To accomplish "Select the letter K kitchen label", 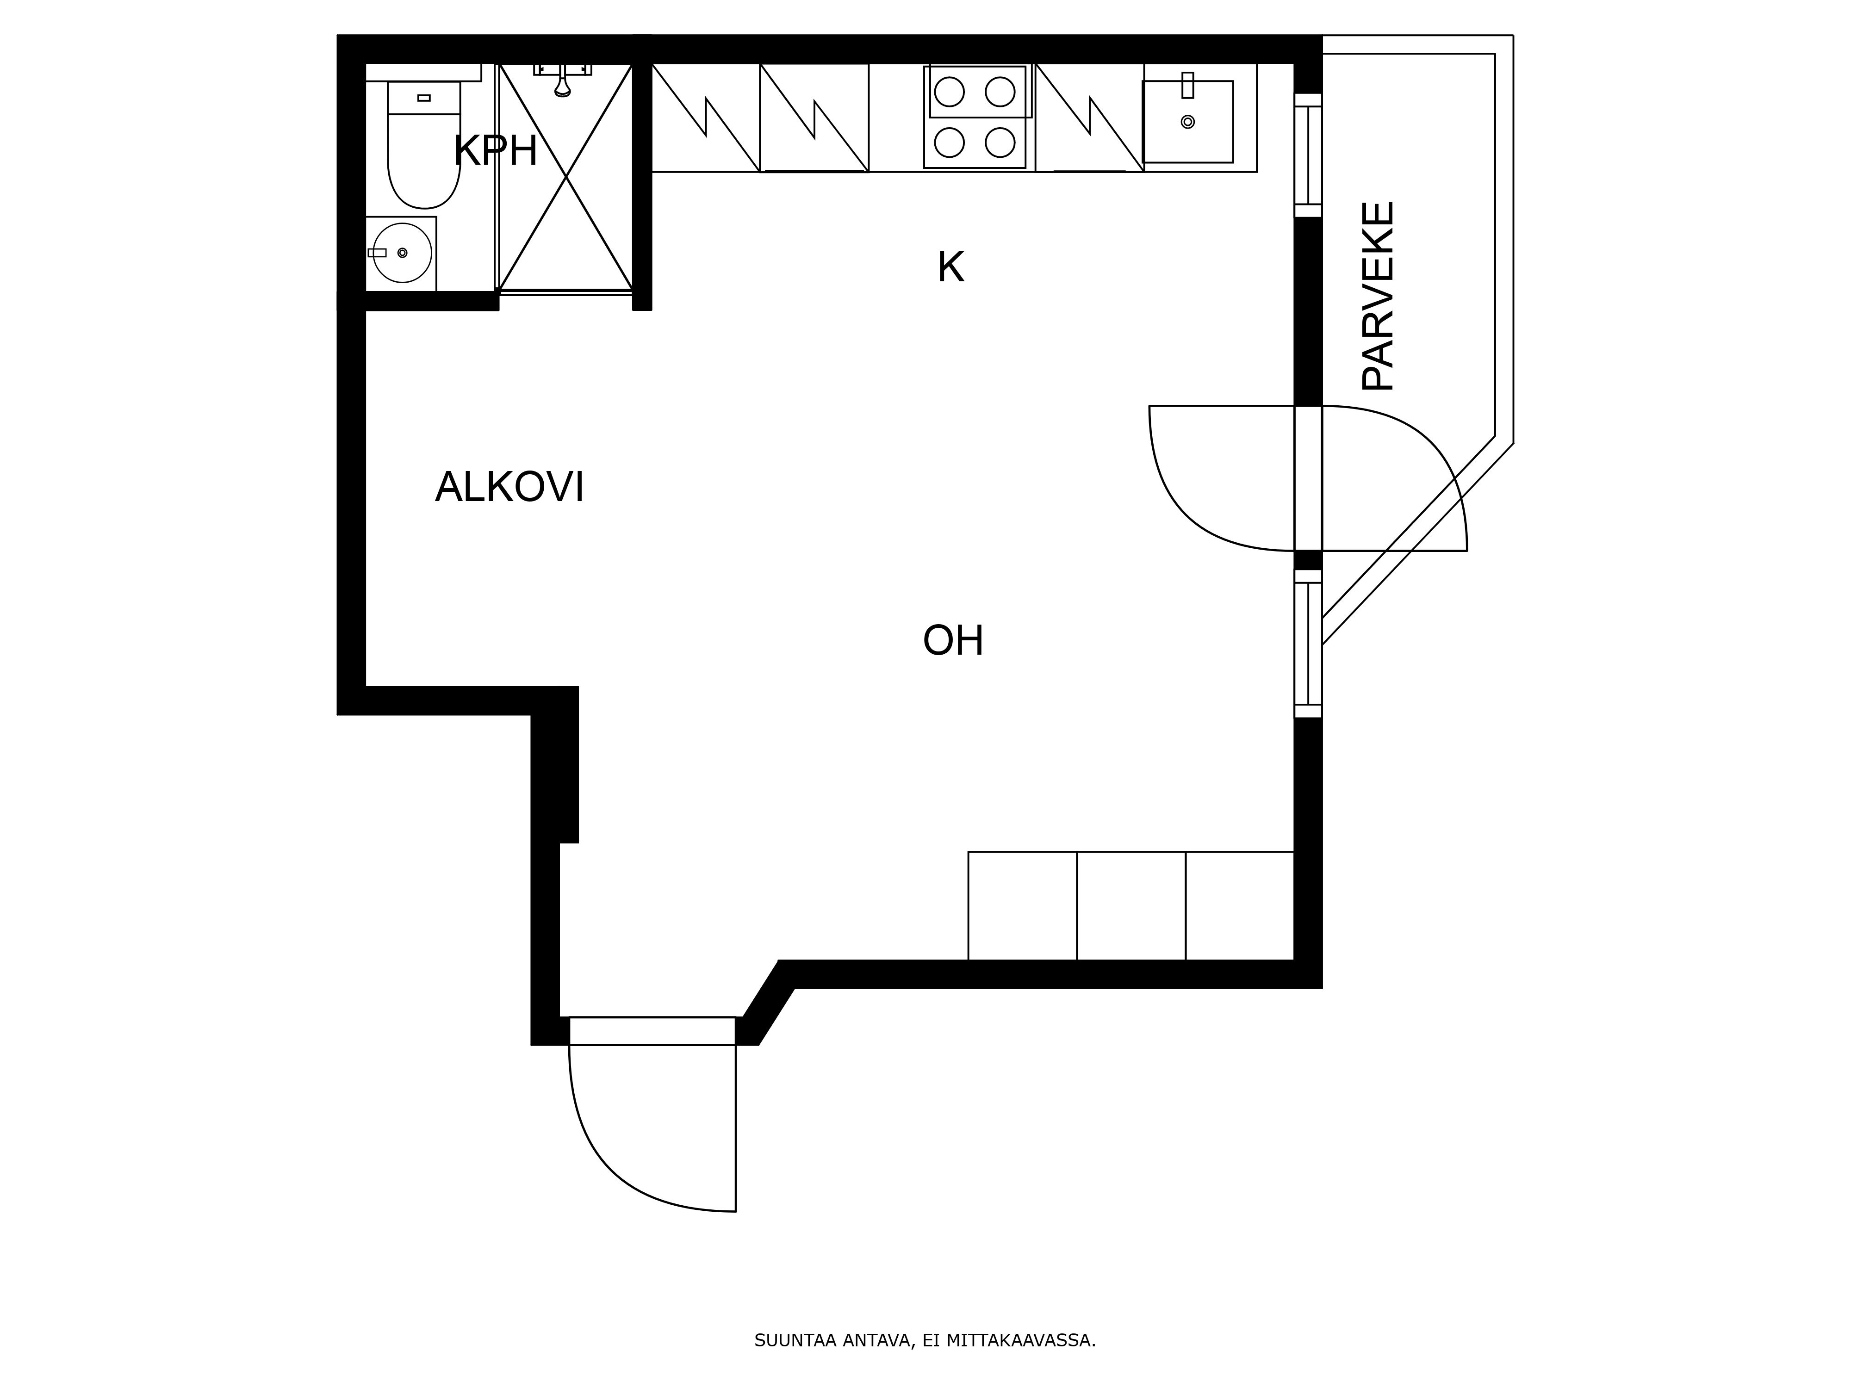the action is (x=950, y=268).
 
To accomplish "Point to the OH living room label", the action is (x=953, y=641).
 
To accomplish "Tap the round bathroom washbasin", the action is (x=402, y=253).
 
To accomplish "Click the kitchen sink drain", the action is (x=1187, y=122).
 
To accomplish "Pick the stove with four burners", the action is (x=975, y=117).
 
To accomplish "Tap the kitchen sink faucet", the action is (x=1187, y=85).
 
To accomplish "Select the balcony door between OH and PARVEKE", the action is (x=1308, y=478).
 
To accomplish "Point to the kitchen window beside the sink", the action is (x=1308, y=155).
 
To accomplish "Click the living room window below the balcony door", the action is (x=1308, y=644).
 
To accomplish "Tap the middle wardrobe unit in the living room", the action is (x=1131, y=906).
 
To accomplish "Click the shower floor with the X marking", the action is (x=565, y=177).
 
